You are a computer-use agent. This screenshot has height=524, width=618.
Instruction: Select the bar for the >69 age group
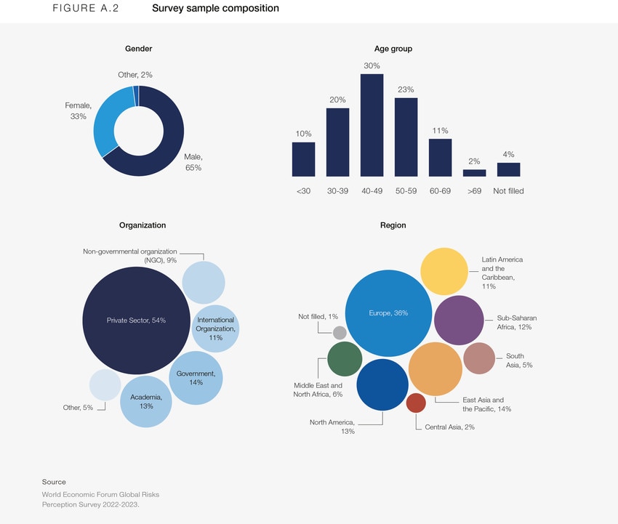point(474,173)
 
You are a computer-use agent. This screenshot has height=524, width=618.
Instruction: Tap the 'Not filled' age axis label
point(508,191)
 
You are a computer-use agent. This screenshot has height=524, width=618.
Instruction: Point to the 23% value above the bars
point(406,89)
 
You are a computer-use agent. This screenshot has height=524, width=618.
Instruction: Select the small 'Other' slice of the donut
point(135,90)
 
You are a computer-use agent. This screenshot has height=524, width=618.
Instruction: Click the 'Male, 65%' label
point(193,162)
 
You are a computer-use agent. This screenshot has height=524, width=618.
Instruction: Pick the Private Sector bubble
point(136,321)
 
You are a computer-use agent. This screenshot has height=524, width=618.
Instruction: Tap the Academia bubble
point(145,401)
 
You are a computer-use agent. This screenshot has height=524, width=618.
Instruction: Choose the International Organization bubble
point(216,328)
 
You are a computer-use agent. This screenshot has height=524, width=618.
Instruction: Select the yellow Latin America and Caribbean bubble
point(444,271)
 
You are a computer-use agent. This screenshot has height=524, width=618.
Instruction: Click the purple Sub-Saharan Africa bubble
point(459,320)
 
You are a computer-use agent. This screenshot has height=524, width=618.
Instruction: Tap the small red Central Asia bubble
point(416,403)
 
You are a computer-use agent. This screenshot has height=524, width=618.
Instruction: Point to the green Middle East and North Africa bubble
point(345,359)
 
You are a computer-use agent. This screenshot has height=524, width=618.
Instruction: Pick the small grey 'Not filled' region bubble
point(340,333)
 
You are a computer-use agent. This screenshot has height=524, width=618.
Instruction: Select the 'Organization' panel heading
point(143,225)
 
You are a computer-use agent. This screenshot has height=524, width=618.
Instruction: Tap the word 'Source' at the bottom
point(54,482)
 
